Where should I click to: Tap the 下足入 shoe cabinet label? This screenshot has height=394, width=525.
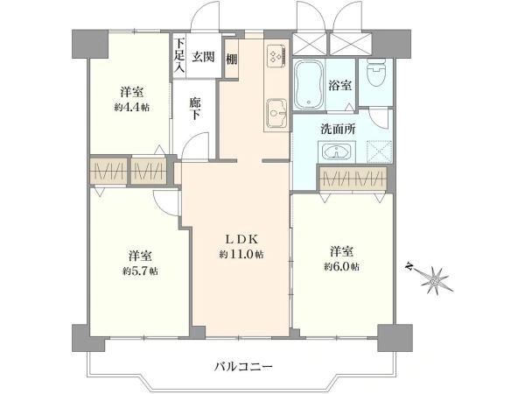(x=178, y=55)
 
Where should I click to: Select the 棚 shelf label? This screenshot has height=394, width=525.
(x=231, y=60)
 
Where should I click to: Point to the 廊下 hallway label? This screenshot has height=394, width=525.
(x=198, y=107)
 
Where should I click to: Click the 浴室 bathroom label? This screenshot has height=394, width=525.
(x=339, y=87)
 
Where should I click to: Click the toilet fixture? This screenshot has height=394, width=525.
(x=376, y=78)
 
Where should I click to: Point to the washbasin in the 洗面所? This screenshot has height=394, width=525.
(x=336, y=151)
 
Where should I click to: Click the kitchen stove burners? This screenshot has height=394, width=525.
(x=276, y=56)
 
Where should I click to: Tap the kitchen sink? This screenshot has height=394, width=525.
(x=276, y=111)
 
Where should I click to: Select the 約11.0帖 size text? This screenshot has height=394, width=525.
(x=241, y=254)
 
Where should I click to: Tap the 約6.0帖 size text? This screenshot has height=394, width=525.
(x=341, y=266)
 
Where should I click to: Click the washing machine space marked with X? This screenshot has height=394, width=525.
(x=378, y=151)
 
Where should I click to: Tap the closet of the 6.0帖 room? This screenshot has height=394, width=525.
(x=355, y=179)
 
